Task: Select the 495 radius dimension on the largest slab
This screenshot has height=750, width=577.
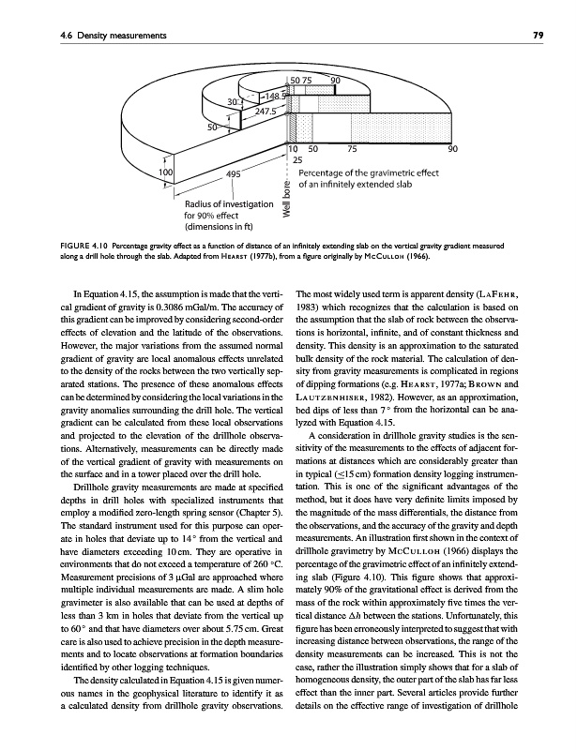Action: point(235,174)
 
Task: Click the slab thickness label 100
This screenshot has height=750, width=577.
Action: point(164,173)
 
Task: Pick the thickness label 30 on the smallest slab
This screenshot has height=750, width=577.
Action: point(232,101)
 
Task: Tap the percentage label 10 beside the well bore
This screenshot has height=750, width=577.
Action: point(294,148)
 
